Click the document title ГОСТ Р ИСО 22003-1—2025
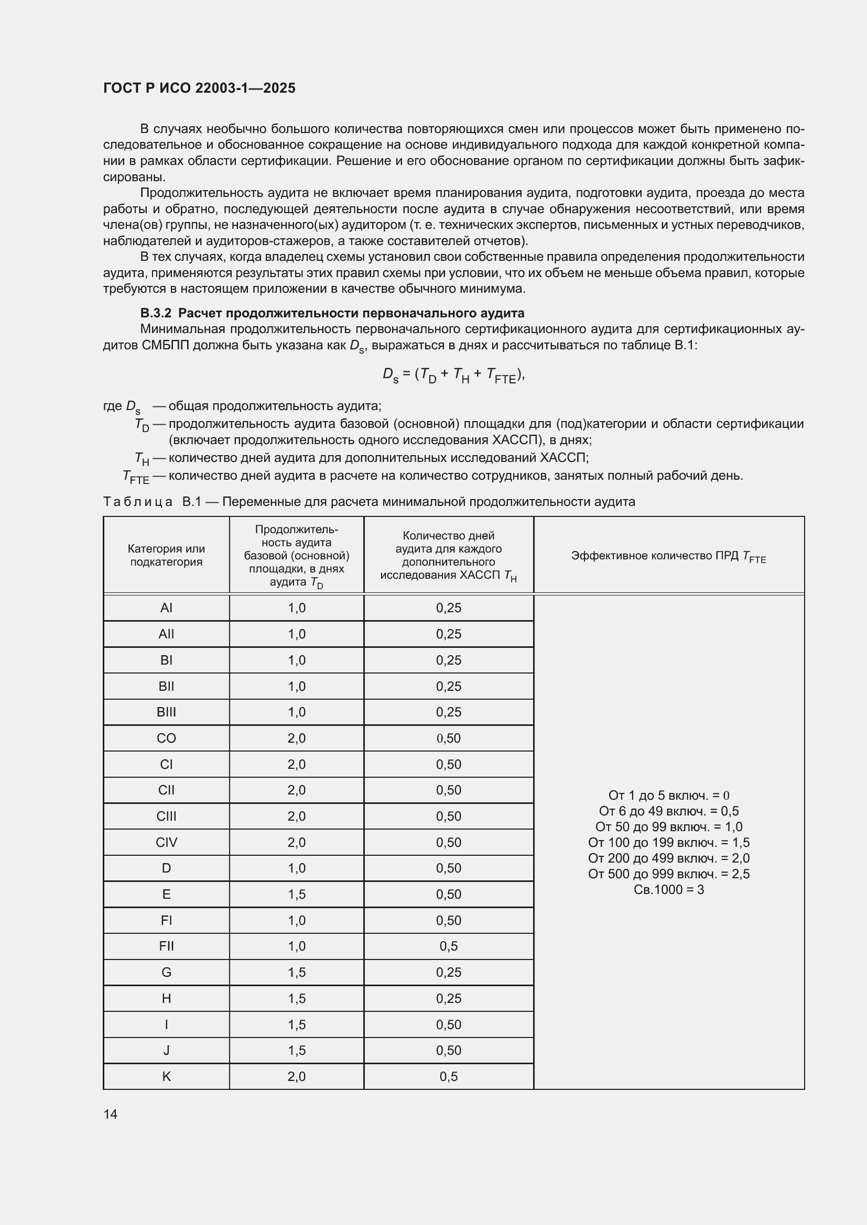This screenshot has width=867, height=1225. (x=199, y=88)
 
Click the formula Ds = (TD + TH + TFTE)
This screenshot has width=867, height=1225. (x=453, y=375)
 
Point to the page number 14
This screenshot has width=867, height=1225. (x=111, y=1114)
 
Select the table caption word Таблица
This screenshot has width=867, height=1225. (x=138, y=502)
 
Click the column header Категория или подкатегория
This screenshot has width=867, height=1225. (x=166, y=555)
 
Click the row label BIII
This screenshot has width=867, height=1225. (x=166, y=712)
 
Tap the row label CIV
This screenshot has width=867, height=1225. (x=166, y=842)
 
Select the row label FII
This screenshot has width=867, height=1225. (x=166, y=946)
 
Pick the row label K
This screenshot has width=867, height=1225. (x=166, y=1076)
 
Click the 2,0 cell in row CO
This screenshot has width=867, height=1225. (x=296, y=738)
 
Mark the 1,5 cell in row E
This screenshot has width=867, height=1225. (x=296, y=894)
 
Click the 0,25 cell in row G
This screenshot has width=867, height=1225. (x=449, y=972)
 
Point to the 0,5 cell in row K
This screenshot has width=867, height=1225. (x=449, y=1076)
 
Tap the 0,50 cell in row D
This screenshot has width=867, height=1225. (x=449, y=868)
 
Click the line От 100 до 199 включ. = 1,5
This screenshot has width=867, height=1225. (x=668, y=843)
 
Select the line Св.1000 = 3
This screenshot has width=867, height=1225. (x=668, y=889)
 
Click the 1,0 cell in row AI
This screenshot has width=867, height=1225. (x=296, y=608)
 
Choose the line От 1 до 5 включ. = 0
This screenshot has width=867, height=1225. (x=668, y=796)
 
